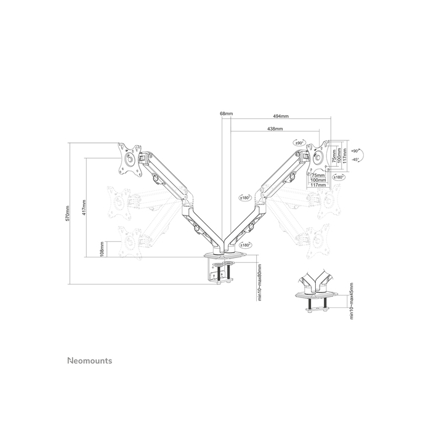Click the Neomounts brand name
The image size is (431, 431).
click(x=89, y=361)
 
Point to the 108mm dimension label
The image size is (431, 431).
click(x=101, y=249)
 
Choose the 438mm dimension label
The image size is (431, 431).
click(x=275, y=129)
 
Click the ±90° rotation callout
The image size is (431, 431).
click(x=300, y=142)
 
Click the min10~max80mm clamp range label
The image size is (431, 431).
click(x=260, y=283)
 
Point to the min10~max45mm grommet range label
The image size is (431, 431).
click(x=352, y=301)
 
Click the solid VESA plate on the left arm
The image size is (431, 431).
click(x=129, y=157)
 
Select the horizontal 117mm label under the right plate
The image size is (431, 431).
click(x=318, y=185)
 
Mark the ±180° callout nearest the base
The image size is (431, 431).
click(x=246, y=244)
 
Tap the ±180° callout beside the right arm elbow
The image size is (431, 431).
click(x=245, y=198)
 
